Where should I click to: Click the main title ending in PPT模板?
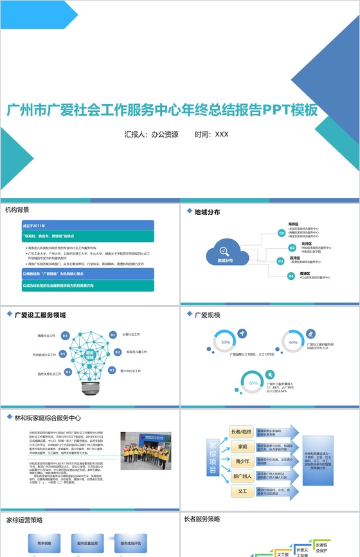[x=162, y=110]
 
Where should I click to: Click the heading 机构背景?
[x=17, y=210]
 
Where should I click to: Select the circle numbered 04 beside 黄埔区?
[x=291, y=276]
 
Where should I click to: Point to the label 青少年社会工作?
[x=134, y=371]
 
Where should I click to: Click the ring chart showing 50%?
[x=226, y=342]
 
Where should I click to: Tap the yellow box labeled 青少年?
[x=242, y=461]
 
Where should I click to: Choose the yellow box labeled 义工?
[x=242, y=491]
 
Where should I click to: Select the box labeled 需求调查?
[x=44, y=543]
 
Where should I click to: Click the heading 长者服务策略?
[x=202, y=518]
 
